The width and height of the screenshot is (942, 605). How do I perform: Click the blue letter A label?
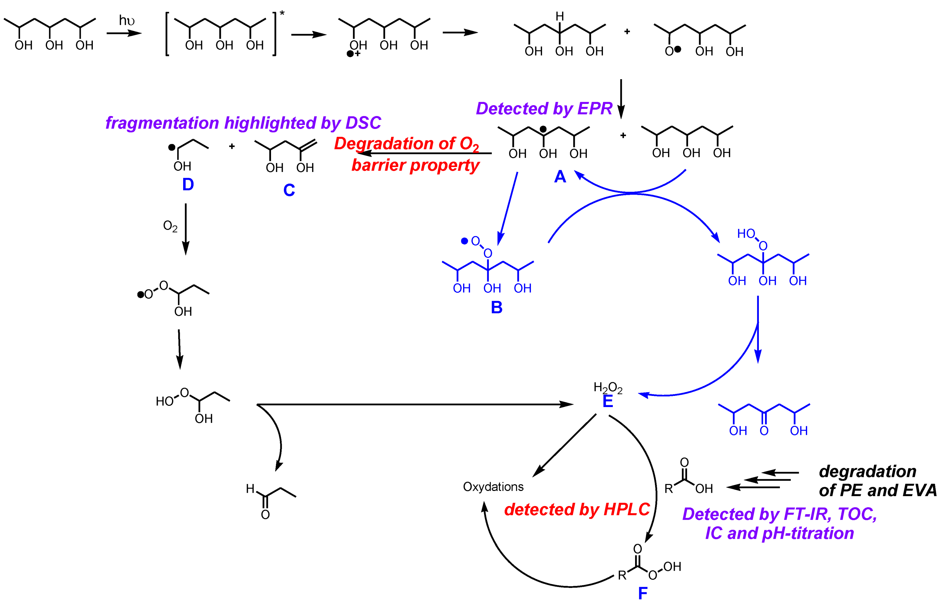(560, 177)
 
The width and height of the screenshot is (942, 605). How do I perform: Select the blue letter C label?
(289, 191)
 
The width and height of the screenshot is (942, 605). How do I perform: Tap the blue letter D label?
(188, 185)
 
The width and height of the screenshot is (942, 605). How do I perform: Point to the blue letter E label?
(607, 401)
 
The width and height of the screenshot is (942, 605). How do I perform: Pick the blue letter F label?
(643, 593)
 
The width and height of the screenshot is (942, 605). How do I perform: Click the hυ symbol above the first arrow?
(127, 20)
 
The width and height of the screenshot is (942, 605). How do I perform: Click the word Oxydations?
(493, 487)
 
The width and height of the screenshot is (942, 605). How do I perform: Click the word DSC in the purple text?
(363, 123)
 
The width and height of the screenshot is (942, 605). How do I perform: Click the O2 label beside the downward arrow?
(170, 226)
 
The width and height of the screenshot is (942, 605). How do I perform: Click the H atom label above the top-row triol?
(560, 16)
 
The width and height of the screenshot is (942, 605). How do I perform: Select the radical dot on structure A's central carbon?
(543, 129)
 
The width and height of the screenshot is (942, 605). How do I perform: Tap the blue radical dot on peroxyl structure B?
(464, 241)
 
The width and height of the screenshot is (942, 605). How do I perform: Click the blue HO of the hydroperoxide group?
(746, 234)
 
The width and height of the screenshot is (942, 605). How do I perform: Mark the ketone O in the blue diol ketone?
(764, 431)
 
